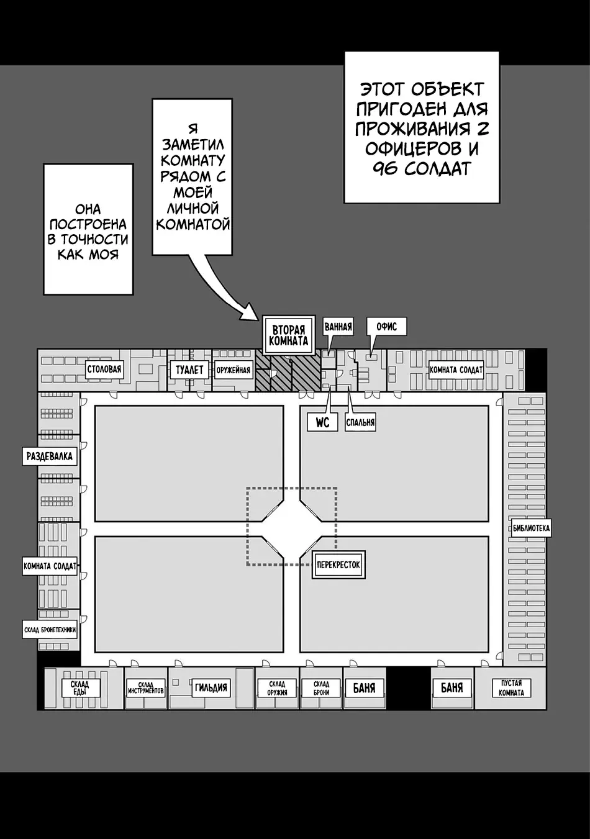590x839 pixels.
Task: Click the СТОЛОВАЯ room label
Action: [x=104, y=370]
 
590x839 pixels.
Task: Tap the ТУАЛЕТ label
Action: [x=189, y=370]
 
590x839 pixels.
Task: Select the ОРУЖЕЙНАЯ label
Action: [x=233, y=370]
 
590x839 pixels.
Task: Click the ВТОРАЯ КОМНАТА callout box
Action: [x=288, y=335]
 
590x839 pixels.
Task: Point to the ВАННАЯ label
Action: [x=338, y=327]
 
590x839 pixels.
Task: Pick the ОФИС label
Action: [x=386, y=327]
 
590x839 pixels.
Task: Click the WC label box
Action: [x=322, y=422]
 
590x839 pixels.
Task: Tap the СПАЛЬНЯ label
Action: [x=360, y=423]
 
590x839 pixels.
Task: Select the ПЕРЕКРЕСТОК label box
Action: [x=338, y=565]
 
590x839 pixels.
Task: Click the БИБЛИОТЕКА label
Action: [x=531, y=528]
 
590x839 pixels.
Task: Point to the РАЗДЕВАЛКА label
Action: [x=50, y=456]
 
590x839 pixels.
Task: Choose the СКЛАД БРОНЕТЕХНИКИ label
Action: [x=50, y=630]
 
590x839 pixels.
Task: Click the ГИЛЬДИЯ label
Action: [x=211, y=687]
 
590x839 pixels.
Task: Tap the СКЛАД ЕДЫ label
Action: [x=79, y=688]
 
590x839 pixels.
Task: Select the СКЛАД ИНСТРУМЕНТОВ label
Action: [x=146, y=688]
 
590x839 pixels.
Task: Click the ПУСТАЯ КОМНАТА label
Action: [x=511, y=688]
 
